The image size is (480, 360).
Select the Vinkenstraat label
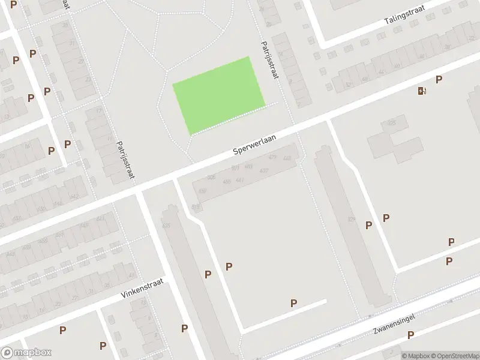(142, 290)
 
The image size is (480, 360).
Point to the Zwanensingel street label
(394, 323)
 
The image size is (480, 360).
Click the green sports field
(219, 95)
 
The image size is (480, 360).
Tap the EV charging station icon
(422, 91)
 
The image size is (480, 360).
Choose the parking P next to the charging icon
(439, 80)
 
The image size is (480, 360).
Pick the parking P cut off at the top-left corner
(13, 4)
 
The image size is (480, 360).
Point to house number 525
(392, 122)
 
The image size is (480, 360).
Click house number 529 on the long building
(351, 220)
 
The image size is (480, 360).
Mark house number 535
(166, 226)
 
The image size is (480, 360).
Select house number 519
(196, 206)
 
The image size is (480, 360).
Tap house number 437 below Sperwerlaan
(263, 171)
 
